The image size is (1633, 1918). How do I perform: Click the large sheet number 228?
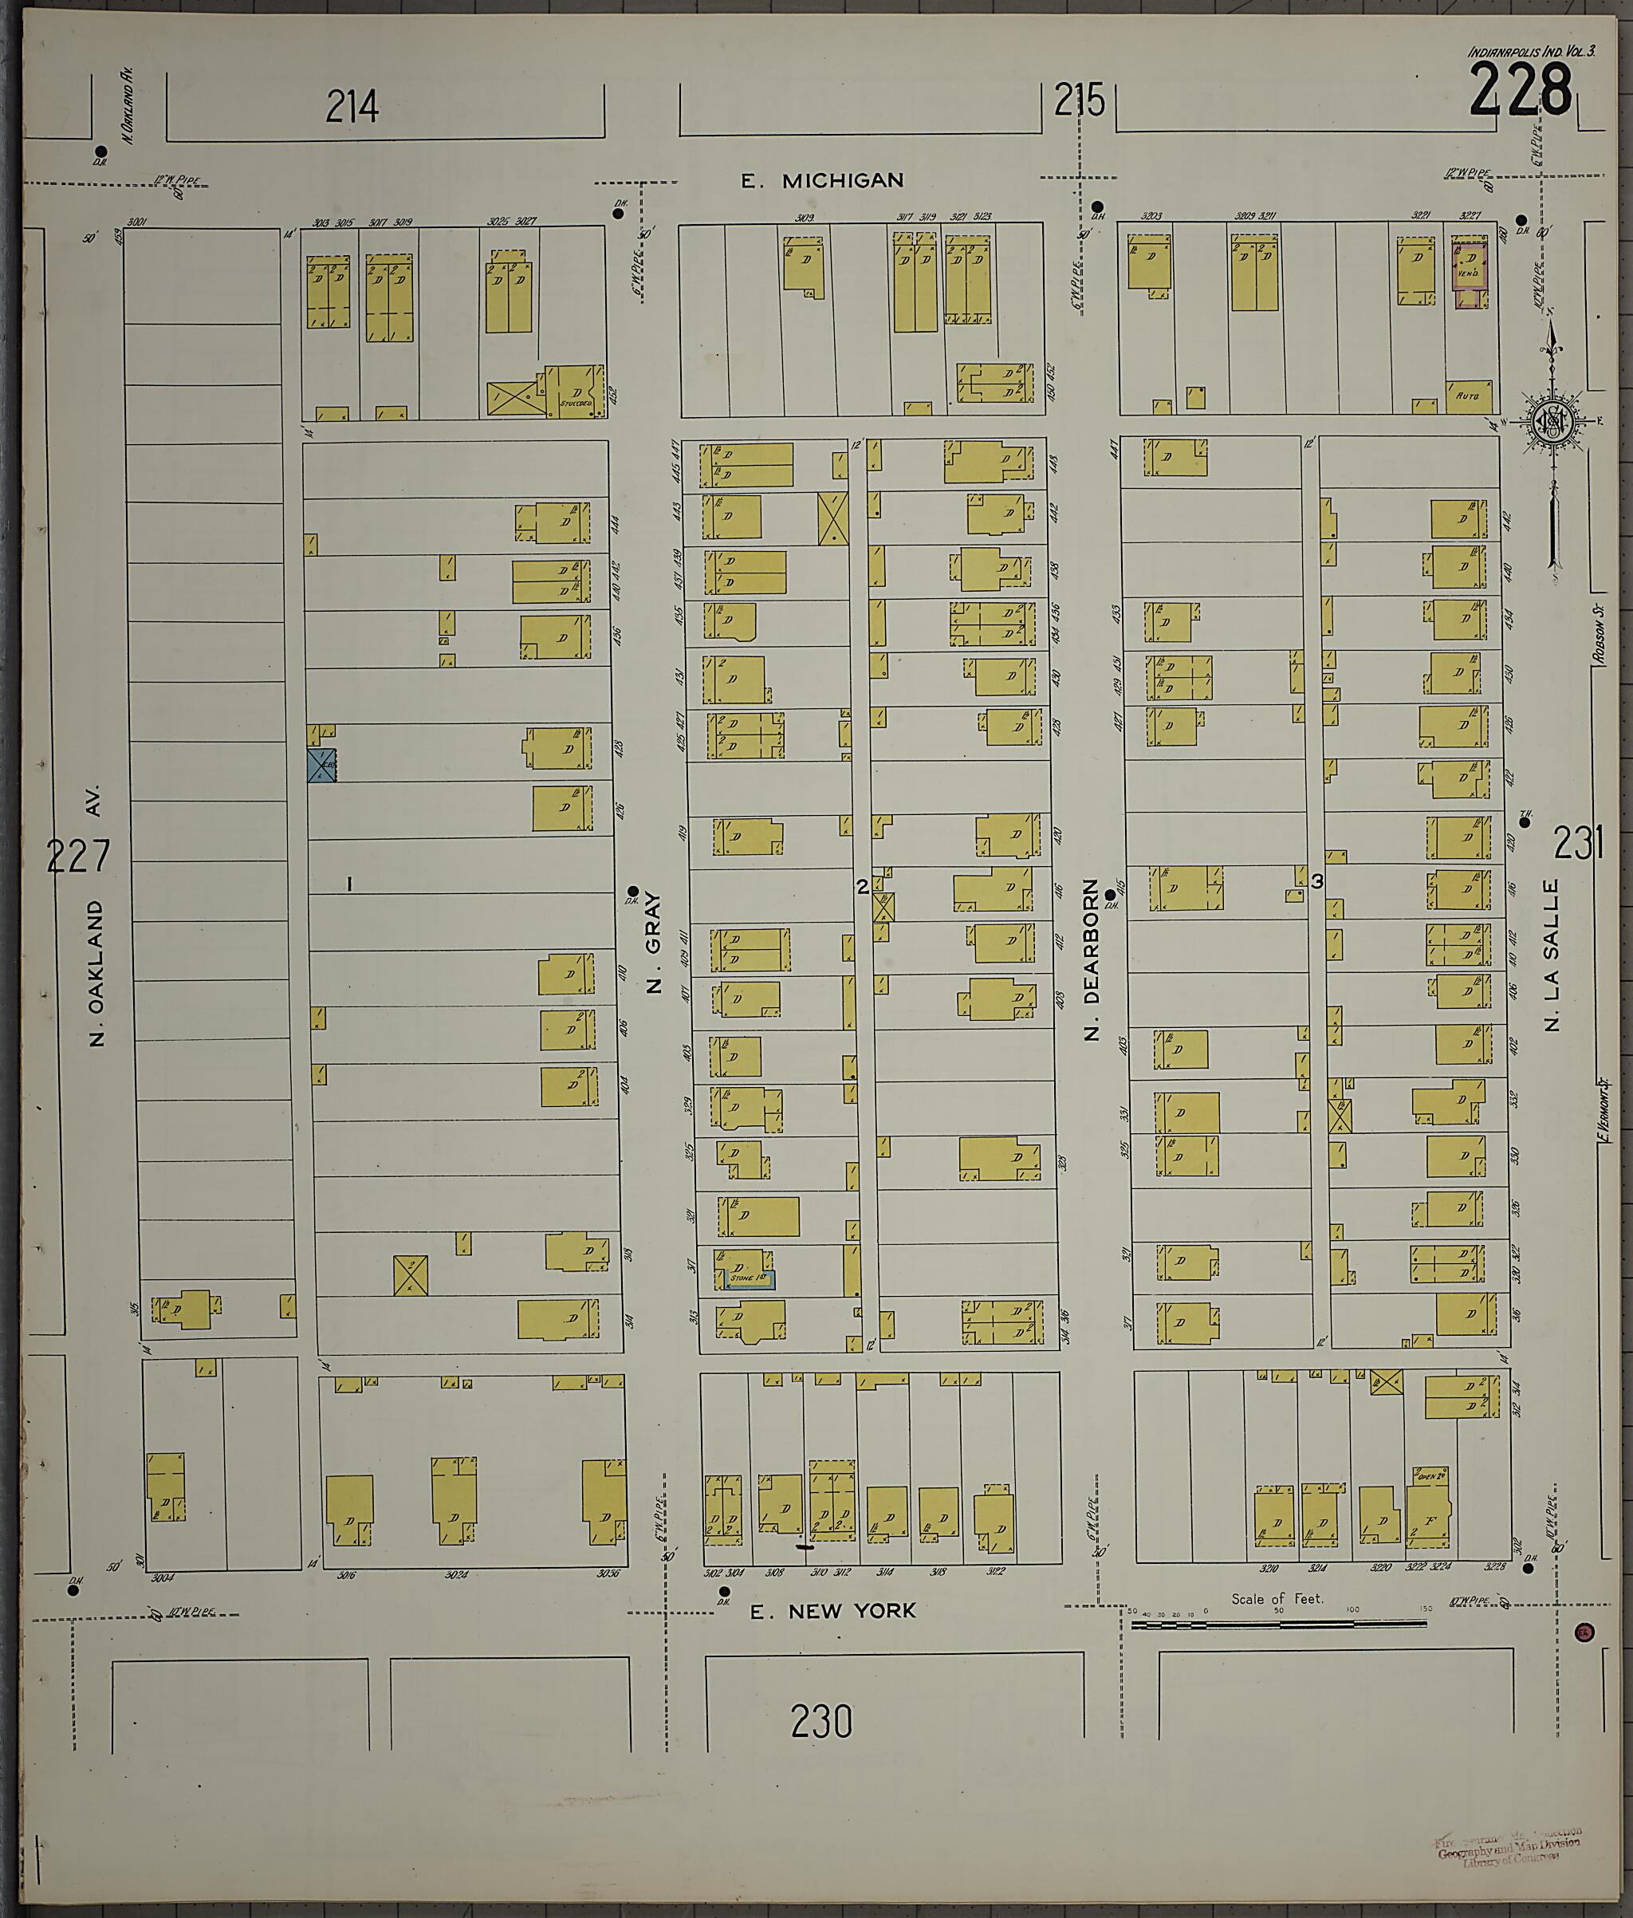click(1520, 91)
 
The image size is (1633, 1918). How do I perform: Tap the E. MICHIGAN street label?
click(821, 180)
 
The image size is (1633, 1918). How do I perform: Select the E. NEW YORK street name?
click(832, 1612)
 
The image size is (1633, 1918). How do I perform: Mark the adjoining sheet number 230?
click(821, 1723)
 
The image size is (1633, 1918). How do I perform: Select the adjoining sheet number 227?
click(78, 857)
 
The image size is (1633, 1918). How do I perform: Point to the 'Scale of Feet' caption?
click(1277, 1599)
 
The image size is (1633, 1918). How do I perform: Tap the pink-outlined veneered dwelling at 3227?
click(1470, 274)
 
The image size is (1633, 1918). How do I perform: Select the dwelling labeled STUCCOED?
click(576, 392)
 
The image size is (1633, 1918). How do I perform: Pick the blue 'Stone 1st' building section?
click(748, 1279)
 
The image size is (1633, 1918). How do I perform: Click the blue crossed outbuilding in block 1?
click(321, 766)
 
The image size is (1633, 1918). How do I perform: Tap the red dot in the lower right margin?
click(1584, 1631)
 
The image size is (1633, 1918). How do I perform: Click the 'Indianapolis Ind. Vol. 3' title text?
click(1530, 52)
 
